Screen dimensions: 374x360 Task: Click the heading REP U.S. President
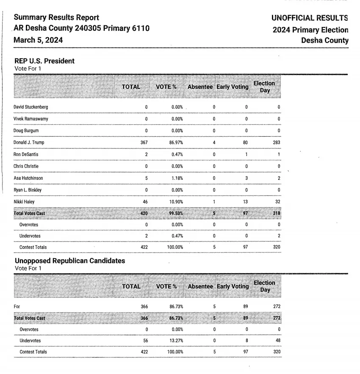coord(44,61)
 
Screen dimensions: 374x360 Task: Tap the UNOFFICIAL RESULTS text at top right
coord(310,18)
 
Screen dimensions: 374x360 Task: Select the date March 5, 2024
coord(38,40)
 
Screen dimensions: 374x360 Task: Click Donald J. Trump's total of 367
coord(144,143)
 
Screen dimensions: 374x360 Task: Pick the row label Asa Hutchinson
coord(28,178)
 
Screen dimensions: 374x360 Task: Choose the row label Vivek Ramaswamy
coord(31,119)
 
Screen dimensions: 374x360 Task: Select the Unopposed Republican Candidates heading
coord(70,261)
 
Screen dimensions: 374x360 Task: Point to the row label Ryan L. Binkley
coord(28,190)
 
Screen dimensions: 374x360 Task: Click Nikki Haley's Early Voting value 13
coord(246,202)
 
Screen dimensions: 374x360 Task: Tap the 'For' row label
coord(17,306)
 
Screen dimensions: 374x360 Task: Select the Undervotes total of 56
coord(144,341)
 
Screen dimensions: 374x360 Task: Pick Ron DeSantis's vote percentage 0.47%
coord(177,154)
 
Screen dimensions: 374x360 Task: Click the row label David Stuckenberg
coord(30,107)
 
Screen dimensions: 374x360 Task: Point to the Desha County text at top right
coord(324,41)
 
